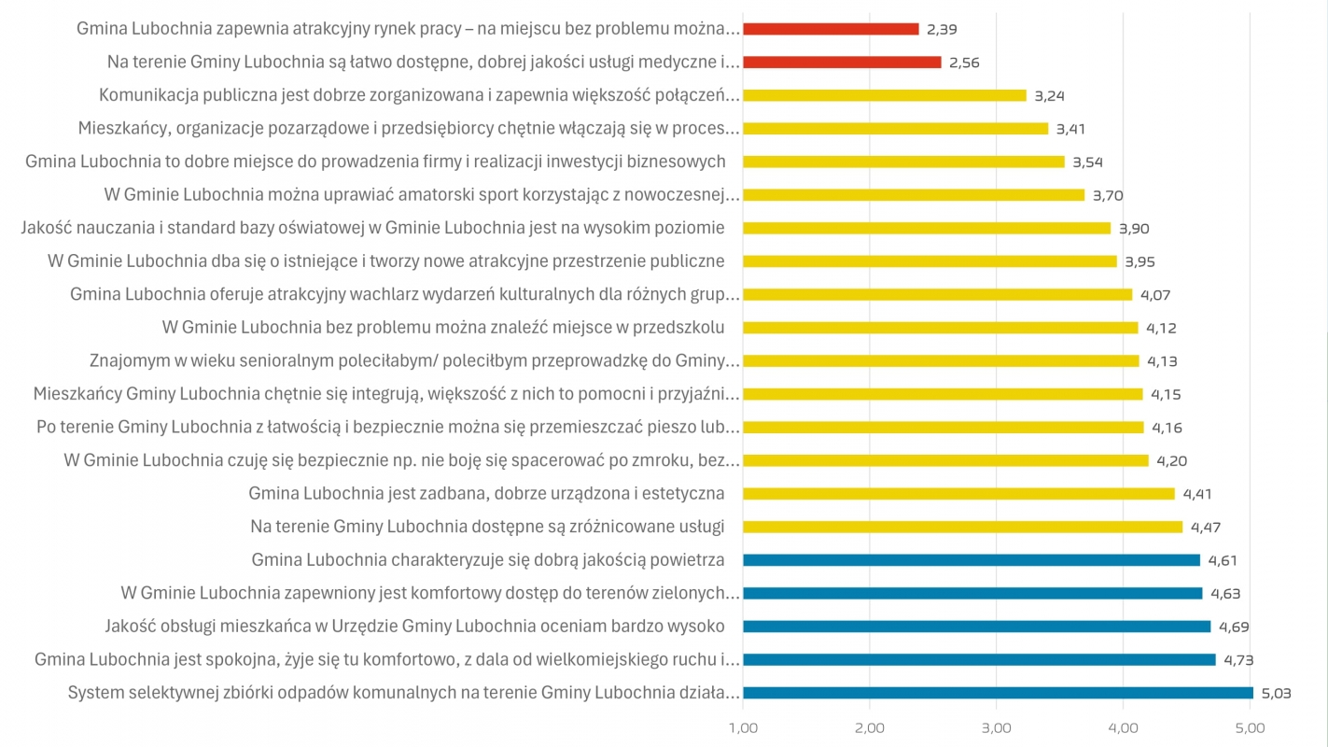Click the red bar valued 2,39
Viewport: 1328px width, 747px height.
pos(831,29)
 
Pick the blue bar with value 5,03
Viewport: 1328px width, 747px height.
pos(998,693)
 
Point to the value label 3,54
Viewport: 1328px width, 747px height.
pos(1088,162)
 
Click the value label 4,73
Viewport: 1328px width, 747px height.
pos(1237,660)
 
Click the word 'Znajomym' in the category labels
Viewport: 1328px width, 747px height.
pos(126,361)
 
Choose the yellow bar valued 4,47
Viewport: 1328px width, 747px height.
pos(962,527)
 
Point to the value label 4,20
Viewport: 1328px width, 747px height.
pos(1171,460)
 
